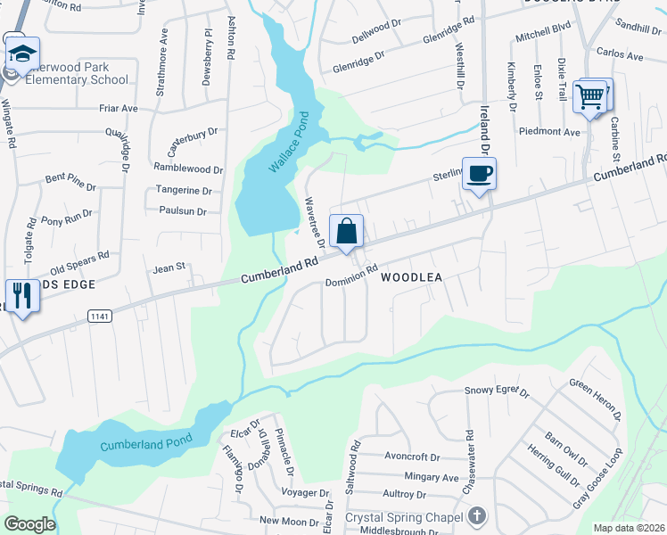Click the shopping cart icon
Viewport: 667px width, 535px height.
click(x=590, y=96)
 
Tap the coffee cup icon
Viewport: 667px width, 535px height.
click(x=479, y=173)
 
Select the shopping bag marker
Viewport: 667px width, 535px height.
click(x=346, y=231)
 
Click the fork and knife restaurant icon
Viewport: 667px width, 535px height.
click(x=20, y=295)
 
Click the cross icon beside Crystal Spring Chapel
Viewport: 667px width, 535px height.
click(x=478, y=516)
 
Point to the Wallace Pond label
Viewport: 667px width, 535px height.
click(x=288, y=144)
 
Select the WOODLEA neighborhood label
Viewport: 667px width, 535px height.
click(x=412, y=277)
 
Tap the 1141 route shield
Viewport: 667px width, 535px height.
click(x=98, y=316)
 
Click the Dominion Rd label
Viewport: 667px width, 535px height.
click(x=351, y=272)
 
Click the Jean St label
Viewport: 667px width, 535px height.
click(x=169, y=267)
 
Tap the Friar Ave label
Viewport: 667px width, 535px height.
click(x=118, y=108)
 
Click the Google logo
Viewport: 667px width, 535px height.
click(x=29, y=524)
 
